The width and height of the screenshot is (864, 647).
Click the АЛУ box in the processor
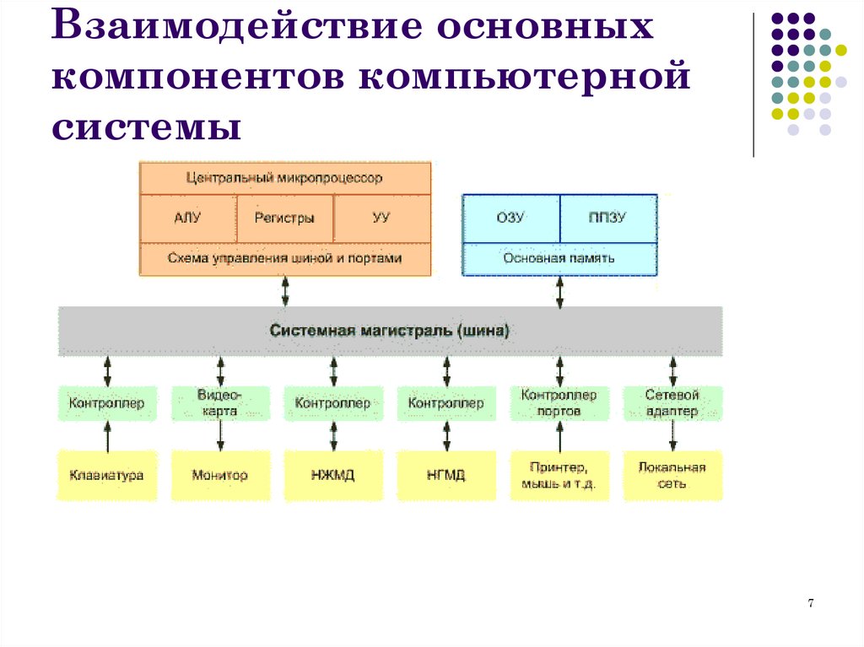[187, 218]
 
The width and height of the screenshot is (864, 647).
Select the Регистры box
[284, 218]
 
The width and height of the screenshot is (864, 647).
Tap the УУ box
[381, 218]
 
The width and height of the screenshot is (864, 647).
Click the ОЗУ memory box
[510, 218]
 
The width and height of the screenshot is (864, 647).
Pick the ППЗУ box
[607, 218]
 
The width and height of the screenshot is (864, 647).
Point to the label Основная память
[559, 258]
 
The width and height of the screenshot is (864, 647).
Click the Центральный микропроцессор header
[284, 178]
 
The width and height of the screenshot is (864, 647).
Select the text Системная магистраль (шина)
[389, 331]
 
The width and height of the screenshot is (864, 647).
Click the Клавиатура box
[107, 475]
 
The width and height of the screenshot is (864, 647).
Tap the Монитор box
[220, 475]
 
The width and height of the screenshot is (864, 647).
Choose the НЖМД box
[333, 475]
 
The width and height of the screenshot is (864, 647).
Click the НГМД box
[446, 475]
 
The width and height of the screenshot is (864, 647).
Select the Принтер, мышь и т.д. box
[559, 475]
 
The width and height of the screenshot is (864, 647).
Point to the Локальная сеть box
[672, 475]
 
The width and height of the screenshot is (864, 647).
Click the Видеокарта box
[220, 403]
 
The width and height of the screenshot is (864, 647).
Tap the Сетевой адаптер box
[672, 403]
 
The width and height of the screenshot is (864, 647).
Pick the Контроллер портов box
[559, 403]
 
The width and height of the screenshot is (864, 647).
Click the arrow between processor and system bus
[285, 291]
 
